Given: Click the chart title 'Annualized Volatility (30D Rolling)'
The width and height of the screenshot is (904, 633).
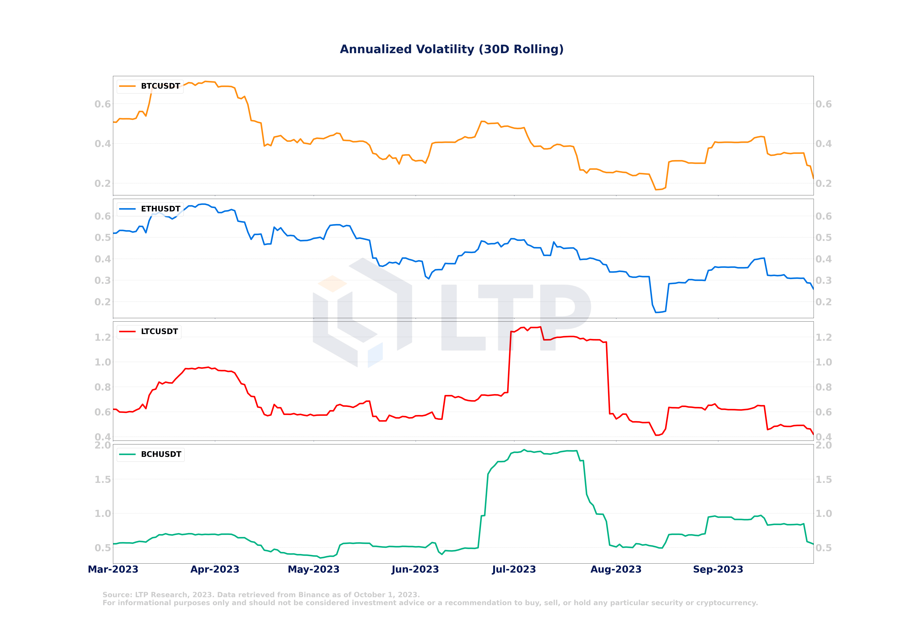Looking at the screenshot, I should coord(452,49).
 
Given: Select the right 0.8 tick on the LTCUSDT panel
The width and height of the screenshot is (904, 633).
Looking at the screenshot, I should coord(824,387).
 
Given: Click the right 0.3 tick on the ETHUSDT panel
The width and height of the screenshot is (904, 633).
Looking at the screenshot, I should coord(824,281).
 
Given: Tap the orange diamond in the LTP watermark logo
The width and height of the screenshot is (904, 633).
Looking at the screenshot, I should coord(332,284).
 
